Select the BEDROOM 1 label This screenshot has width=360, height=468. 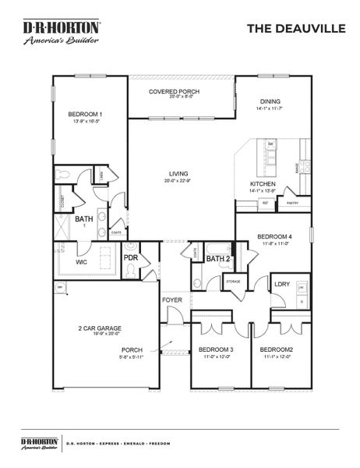[x=86, y=113]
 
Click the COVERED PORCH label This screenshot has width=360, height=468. [x=175, y=91]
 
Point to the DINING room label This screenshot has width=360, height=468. [x=270, y=102]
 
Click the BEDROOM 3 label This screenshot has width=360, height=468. [x=216, y=349]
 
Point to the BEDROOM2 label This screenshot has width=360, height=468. [x=276, y=349]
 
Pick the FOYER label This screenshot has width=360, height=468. [x=172, y=300]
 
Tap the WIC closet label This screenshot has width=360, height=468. [x=80, y=262]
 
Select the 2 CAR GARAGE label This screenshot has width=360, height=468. [x=99, y=328]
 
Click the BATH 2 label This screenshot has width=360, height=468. [x=217, y=258]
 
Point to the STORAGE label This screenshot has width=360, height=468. [x=233, y=279]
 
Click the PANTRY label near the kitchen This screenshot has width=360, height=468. [x=292, y=202]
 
